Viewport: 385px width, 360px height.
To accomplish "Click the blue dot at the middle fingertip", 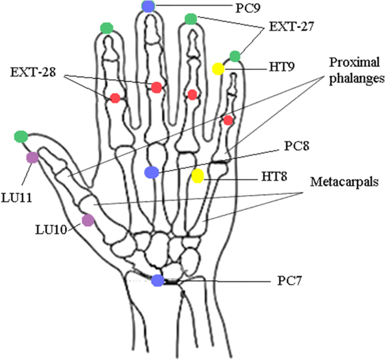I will (x=148, y=7).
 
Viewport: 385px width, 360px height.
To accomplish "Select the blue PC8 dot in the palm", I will (x=151, y=173).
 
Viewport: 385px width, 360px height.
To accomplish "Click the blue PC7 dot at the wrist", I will (x=158, y=280).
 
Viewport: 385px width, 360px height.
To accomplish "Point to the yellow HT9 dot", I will (x=218, y=69).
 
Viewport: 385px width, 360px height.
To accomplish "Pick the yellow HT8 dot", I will (x=197, y=176).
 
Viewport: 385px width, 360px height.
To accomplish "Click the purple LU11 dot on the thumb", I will (x=33, y=157).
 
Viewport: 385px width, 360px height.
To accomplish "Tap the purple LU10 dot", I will (x=88, y=220).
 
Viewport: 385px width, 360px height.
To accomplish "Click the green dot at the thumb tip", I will (x=21, y=136).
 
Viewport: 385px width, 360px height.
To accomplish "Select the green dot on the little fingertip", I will (x=235, y=56).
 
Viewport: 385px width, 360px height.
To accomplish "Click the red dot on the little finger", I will (x=228, y=120).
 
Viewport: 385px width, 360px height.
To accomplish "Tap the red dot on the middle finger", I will (x=157, y=87).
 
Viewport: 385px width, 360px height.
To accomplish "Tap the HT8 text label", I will (x=273, y=177).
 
